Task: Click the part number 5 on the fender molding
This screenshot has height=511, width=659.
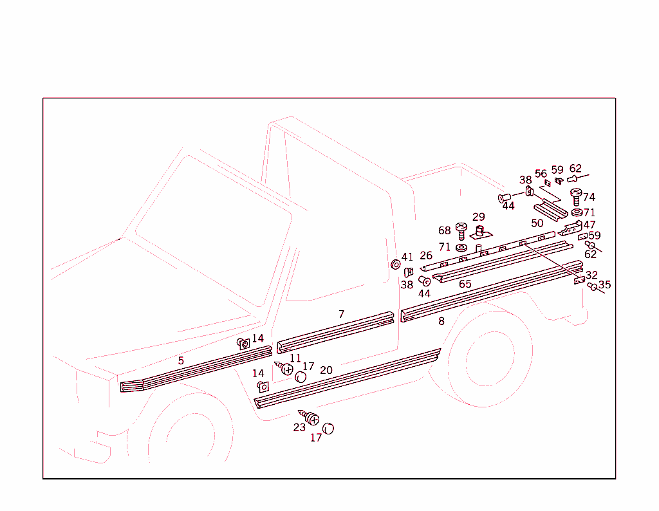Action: [181, 361]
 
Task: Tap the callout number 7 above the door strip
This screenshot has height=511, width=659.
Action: [342, 315]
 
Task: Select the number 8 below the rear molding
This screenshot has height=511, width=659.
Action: [441, 321]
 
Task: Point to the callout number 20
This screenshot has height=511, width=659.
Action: [326, 370]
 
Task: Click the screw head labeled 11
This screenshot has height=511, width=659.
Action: [287, 370]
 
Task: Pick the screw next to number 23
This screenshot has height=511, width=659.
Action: [312, 420]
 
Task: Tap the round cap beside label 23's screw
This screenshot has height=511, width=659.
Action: [328, 429]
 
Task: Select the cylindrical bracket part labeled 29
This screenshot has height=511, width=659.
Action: [479, 232]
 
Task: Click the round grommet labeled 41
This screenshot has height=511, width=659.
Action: [396, 265]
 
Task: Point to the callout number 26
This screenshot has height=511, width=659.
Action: [426, 256]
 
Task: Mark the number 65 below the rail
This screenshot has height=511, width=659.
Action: [465, 284]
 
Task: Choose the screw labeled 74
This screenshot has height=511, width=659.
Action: [576, 196]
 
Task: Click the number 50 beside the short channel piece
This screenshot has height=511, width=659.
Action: [537, 223]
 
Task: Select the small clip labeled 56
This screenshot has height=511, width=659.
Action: [547, 184]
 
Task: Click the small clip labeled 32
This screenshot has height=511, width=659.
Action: [579, 281]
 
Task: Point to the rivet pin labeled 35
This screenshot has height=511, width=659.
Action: [593, 286]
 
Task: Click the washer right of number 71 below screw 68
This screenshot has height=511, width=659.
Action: [461, 248]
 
